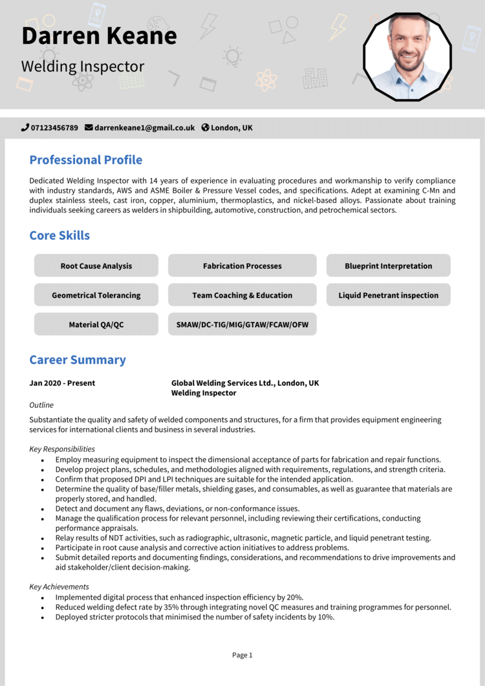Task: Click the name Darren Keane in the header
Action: (99, 36)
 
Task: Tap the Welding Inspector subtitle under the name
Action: (83, 67)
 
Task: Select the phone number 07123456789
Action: (54, 128)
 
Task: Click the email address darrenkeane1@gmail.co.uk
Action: (144, 128)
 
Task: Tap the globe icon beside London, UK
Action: (205, 128)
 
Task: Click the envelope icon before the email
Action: (89, 128)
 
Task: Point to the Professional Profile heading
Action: (85, 160)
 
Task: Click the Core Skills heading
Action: (59, 235)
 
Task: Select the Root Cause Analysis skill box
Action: (96, 266)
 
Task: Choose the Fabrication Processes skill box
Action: (242, 266)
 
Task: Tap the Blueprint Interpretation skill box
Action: (388, 266)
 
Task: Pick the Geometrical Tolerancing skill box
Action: (96, 295)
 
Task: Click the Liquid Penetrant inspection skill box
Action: (388, 295)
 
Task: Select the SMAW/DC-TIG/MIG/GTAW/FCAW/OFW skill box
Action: (242, 325)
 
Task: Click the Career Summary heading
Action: (78, 360)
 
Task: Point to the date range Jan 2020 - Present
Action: (62, 383)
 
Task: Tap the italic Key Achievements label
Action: (59, 587)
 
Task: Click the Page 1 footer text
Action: (242, 655)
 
